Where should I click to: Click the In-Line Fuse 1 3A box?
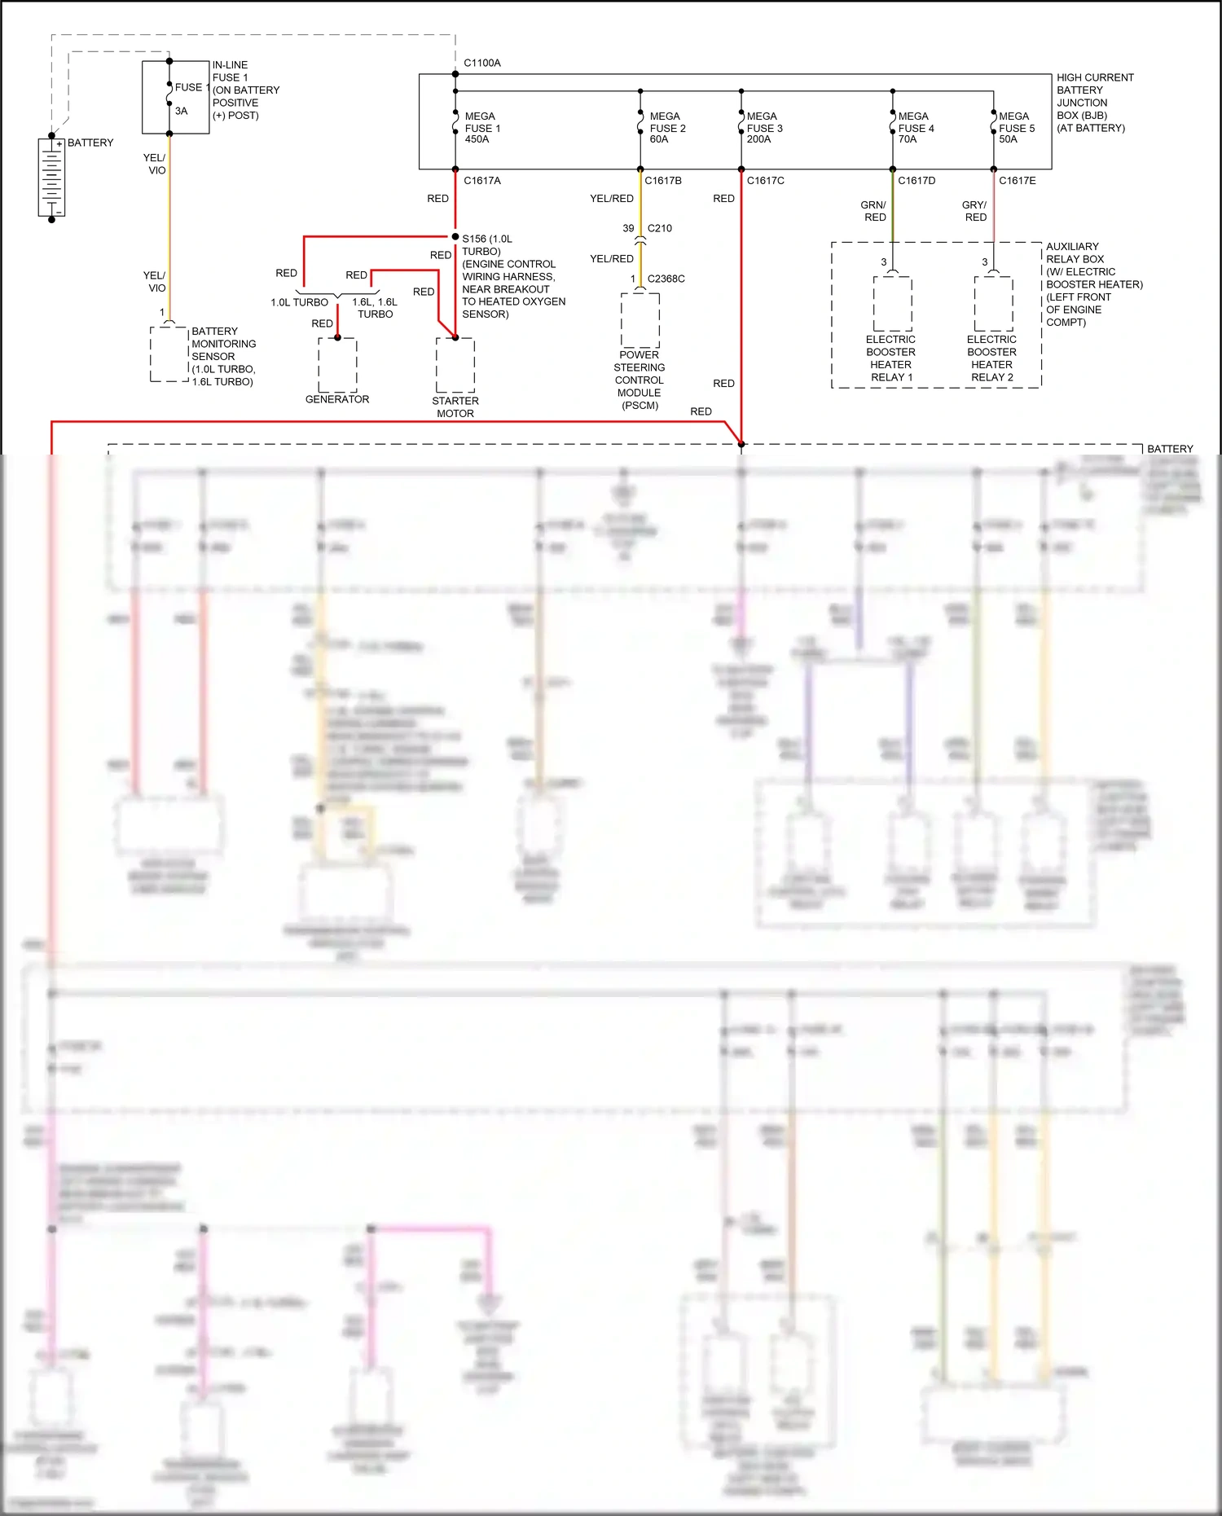point(175,97)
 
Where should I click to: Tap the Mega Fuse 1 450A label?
point(482,128)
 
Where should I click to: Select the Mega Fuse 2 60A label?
point(667,128)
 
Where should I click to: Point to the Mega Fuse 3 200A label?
point(764,128)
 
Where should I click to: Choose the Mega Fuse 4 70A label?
point(916,128)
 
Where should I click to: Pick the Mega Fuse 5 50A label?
point(1016,128)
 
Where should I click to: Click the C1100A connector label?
point(482,63)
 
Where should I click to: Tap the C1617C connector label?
point(765,181)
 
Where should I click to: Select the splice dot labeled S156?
point(455,237)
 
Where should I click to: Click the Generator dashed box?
point(337,364)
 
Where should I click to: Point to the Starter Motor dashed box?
point(455,365)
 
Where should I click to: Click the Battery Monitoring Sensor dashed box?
point(169,354)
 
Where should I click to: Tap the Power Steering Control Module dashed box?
point(640,320)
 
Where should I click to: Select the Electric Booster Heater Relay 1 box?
point(892,303)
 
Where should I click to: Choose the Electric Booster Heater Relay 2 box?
point(993,303)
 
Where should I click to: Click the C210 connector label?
point(659,229)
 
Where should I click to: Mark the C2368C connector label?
point(666,279)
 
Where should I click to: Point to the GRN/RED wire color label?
point(873,211)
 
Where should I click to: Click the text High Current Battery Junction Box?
point(1094,103)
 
